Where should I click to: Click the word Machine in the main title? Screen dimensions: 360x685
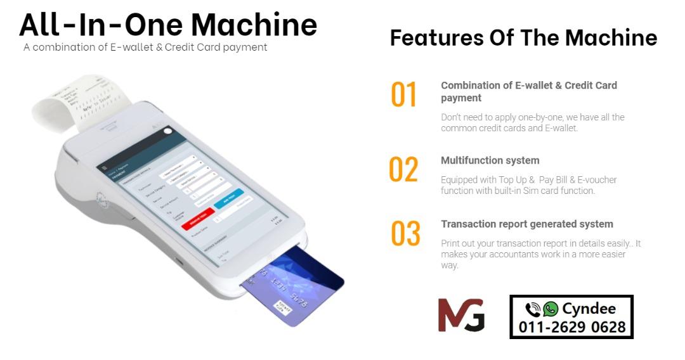pos(254,24)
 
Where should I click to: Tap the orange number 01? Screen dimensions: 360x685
pos(403,95)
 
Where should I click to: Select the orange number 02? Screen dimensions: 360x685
pos(403,170)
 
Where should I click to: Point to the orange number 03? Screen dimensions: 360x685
pos(405,234)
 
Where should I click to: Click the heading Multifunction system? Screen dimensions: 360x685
pos(490,160)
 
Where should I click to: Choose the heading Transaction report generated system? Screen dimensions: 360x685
pos(526,224)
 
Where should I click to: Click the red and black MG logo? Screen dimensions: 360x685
pos(461,315)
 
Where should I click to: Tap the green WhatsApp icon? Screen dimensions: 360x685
pos(551,309)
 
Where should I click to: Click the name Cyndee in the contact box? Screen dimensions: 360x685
pos(589,309)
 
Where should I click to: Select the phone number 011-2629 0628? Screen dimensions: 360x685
pos(572,327)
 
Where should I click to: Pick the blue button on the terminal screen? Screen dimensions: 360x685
pos(228,198)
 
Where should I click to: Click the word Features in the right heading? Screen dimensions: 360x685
pos(436,37)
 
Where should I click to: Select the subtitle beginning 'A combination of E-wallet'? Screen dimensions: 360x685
pos(145,48)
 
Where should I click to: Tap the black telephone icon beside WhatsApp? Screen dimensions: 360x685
pos(533,309)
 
